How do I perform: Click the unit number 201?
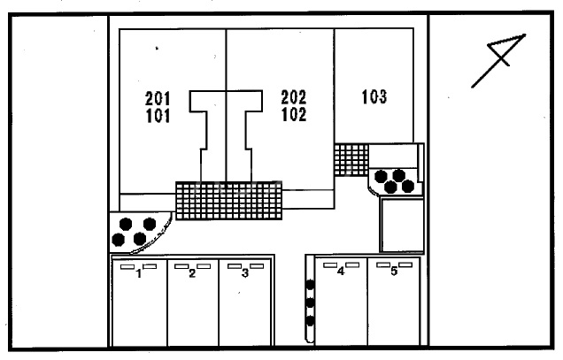click(158, 97)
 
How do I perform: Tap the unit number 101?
click(158, 115)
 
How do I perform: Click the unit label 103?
click(374, 97)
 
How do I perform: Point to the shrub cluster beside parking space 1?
click(137, 231)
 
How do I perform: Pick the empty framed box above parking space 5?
click(401, 225)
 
